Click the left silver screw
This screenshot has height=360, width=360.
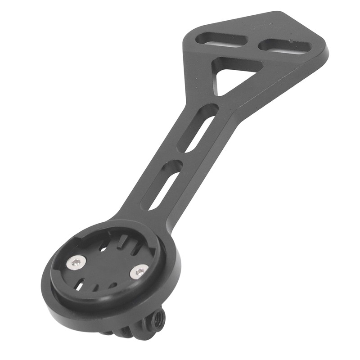(76, 262)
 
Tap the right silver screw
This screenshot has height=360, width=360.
(139, 271)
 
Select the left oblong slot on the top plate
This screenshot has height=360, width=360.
(221, 40)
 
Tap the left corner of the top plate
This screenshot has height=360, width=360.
(186, 40)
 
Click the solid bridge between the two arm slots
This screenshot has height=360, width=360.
(180, 155)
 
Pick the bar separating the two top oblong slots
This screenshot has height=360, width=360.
(253, 42)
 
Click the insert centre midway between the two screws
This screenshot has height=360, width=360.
(108, 266)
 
